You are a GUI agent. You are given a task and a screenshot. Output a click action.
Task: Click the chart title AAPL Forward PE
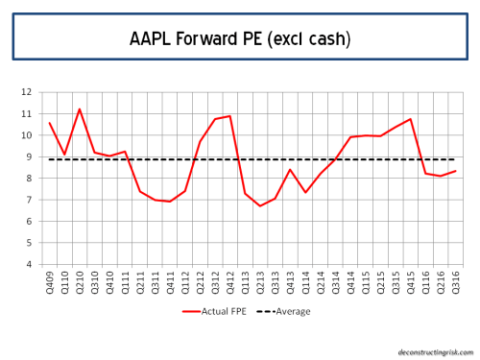click(240, 39)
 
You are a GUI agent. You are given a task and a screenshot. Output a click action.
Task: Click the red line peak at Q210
click(80, 108)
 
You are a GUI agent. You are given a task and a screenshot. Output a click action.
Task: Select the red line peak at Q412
click(229, 116)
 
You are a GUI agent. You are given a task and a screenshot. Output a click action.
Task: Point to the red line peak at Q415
click(410, 119)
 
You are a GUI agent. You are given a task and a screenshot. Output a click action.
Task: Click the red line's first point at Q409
click(50, 123)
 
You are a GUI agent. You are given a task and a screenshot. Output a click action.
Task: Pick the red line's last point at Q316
click(455, 171)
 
